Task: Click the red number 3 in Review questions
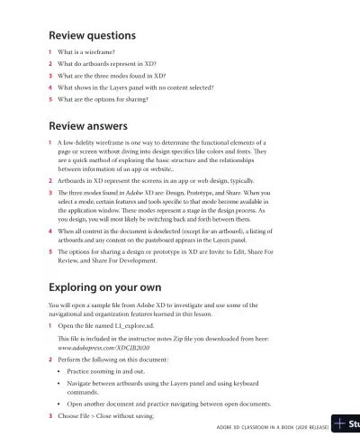pyautogui.click(x=49, y=77)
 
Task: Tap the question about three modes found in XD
pyautogui.click(x=112, y=77)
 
